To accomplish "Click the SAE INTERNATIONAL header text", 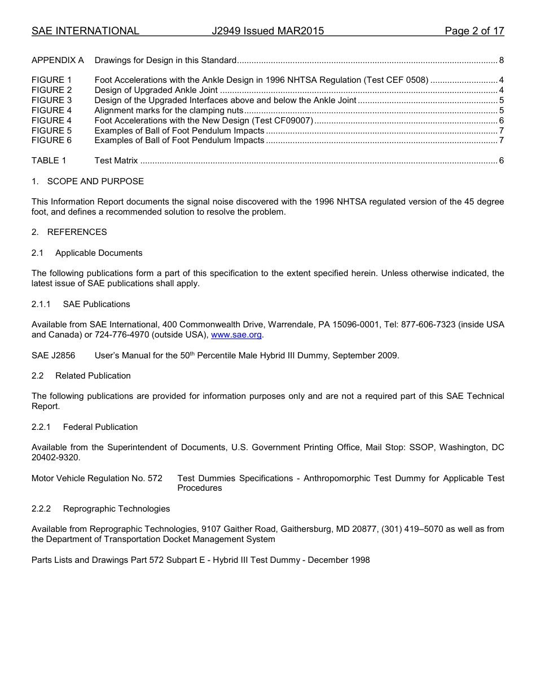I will (85, 32).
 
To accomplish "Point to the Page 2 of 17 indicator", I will (474, 32).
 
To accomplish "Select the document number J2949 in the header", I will (226, 32).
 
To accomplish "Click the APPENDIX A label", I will (58, 60).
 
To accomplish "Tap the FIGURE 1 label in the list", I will (52, 80).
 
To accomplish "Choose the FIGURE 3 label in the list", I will (52, 100).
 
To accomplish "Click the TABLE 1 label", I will (49, 161).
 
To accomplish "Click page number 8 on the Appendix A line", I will (501, 60).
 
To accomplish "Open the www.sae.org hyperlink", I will (236, 335).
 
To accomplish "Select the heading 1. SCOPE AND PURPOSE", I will (87, 181).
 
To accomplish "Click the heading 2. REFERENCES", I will (69, 232).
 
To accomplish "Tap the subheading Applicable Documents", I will (99, 253).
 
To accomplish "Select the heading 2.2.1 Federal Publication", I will (85, 427).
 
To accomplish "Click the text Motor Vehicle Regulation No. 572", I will (97, 478).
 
